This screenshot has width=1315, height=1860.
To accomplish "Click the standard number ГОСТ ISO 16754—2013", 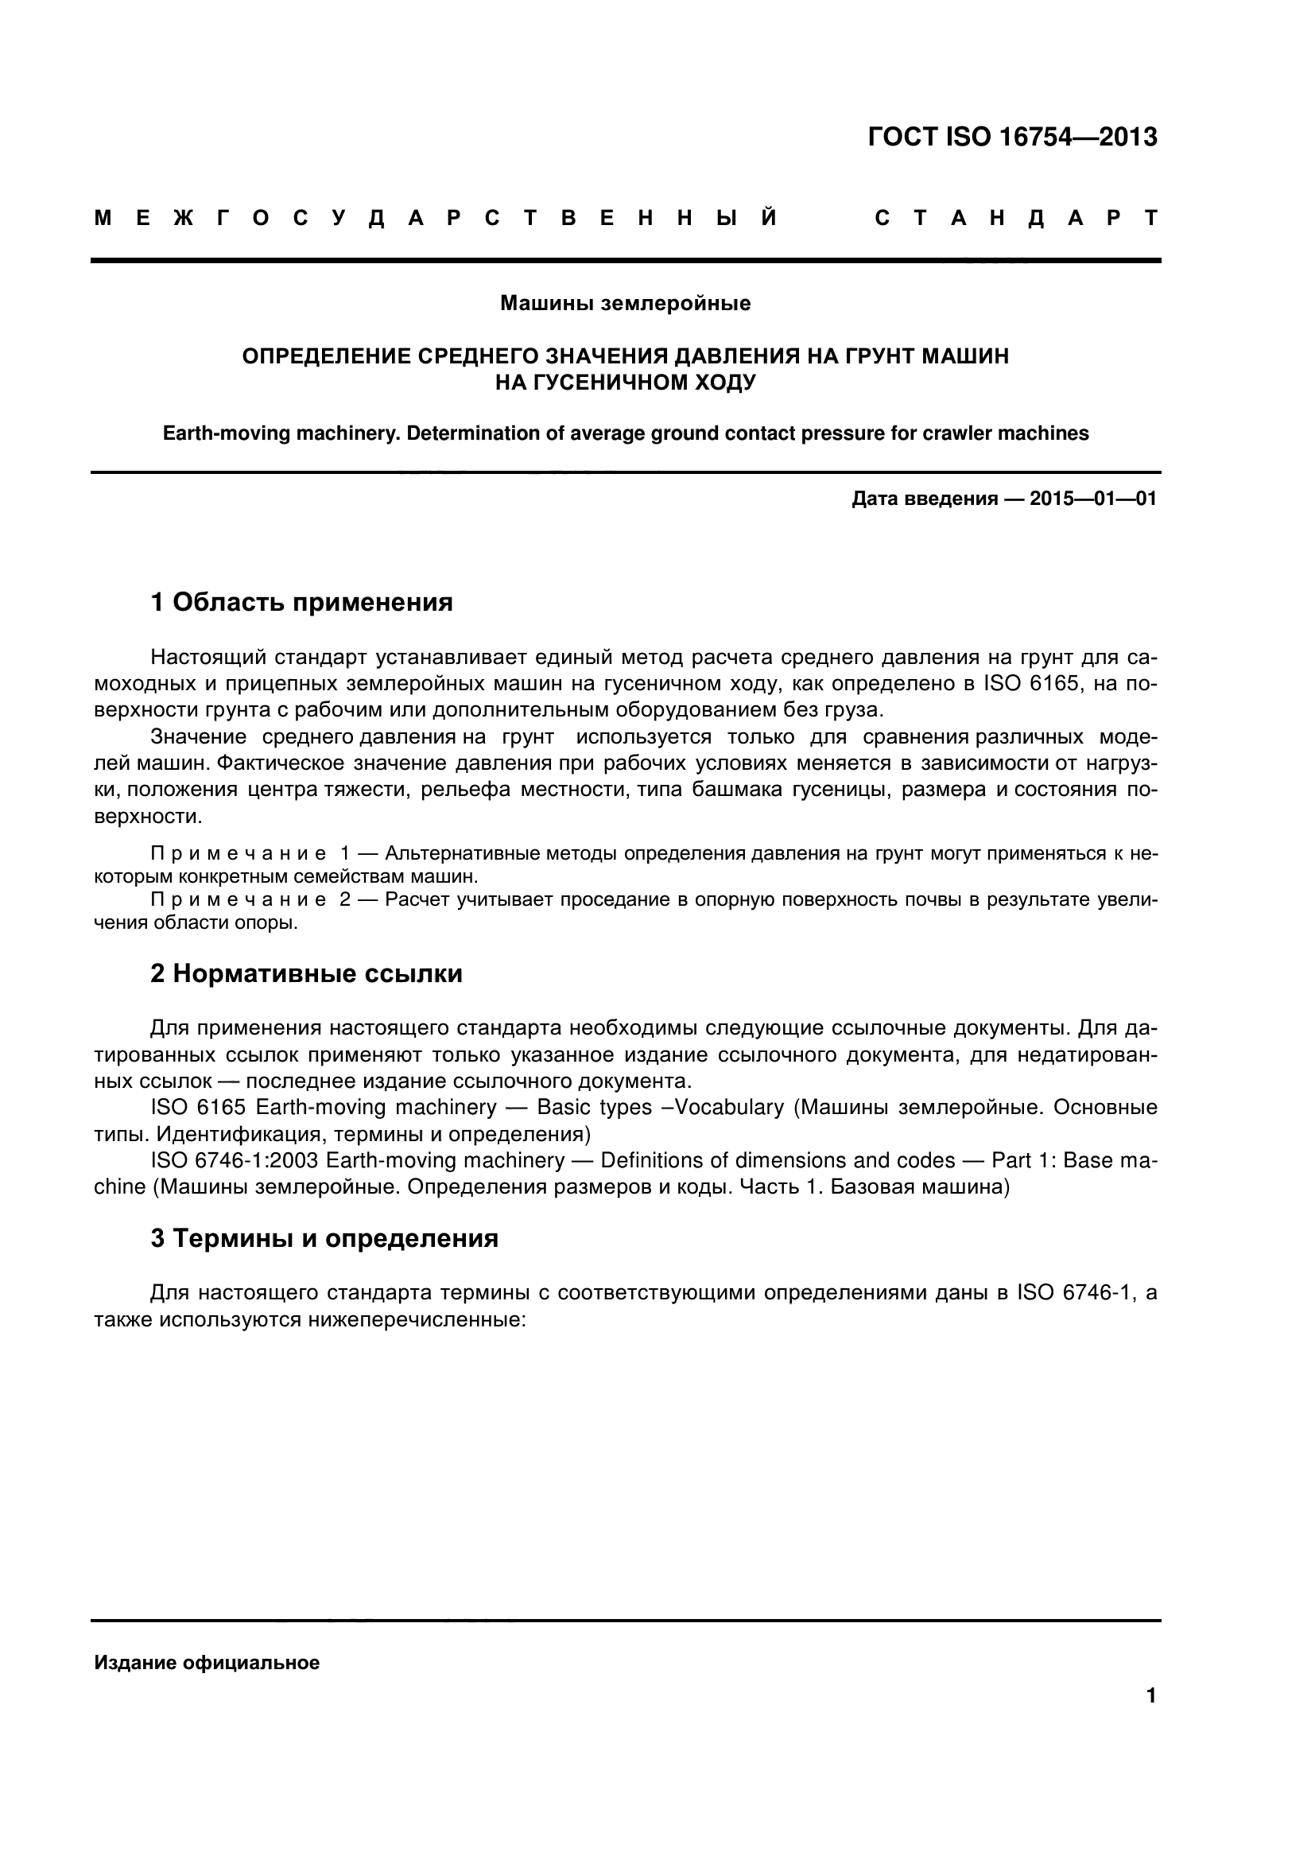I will [x=1012, y=138].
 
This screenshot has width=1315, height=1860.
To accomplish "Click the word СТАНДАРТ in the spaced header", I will [x=1016, y=219].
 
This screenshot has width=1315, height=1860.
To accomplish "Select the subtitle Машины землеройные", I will [x=625, y=304].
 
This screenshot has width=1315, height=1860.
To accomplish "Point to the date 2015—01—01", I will [x=1092, y=499].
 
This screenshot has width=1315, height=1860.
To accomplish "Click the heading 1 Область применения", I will [x=301, y=603].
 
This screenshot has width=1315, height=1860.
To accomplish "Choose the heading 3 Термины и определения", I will [x=324, y=1239].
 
